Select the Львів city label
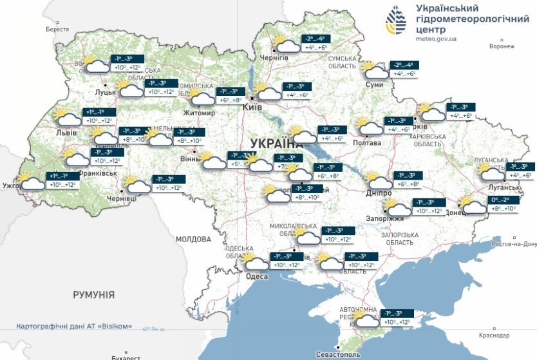tap(66, 133)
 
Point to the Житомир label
tap(199, 113)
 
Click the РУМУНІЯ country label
tap(93, 295)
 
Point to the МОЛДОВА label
tap(193, 239)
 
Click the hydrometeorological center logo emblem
tap(396, 21)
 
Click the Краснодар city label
tap(494, 336)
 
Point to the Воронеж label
tap(502, 46)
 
